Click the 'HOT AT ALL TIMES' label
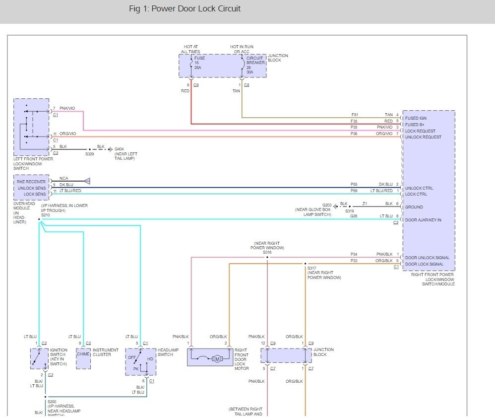click(190, 49)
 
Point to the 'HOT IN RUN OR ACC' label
click(242, 49)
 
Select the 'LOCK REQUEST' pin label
click(421, 131)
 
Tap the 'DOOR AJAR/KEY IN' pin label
click(423, 219)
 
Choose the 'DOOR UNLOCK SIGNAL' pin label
click(428, 258)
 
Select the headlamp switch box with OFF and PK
click(140, 361)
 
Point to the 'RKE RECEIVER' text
click(31, 182)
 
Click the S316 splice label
click(267, 252)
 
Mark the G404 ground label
click(119, 149)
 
